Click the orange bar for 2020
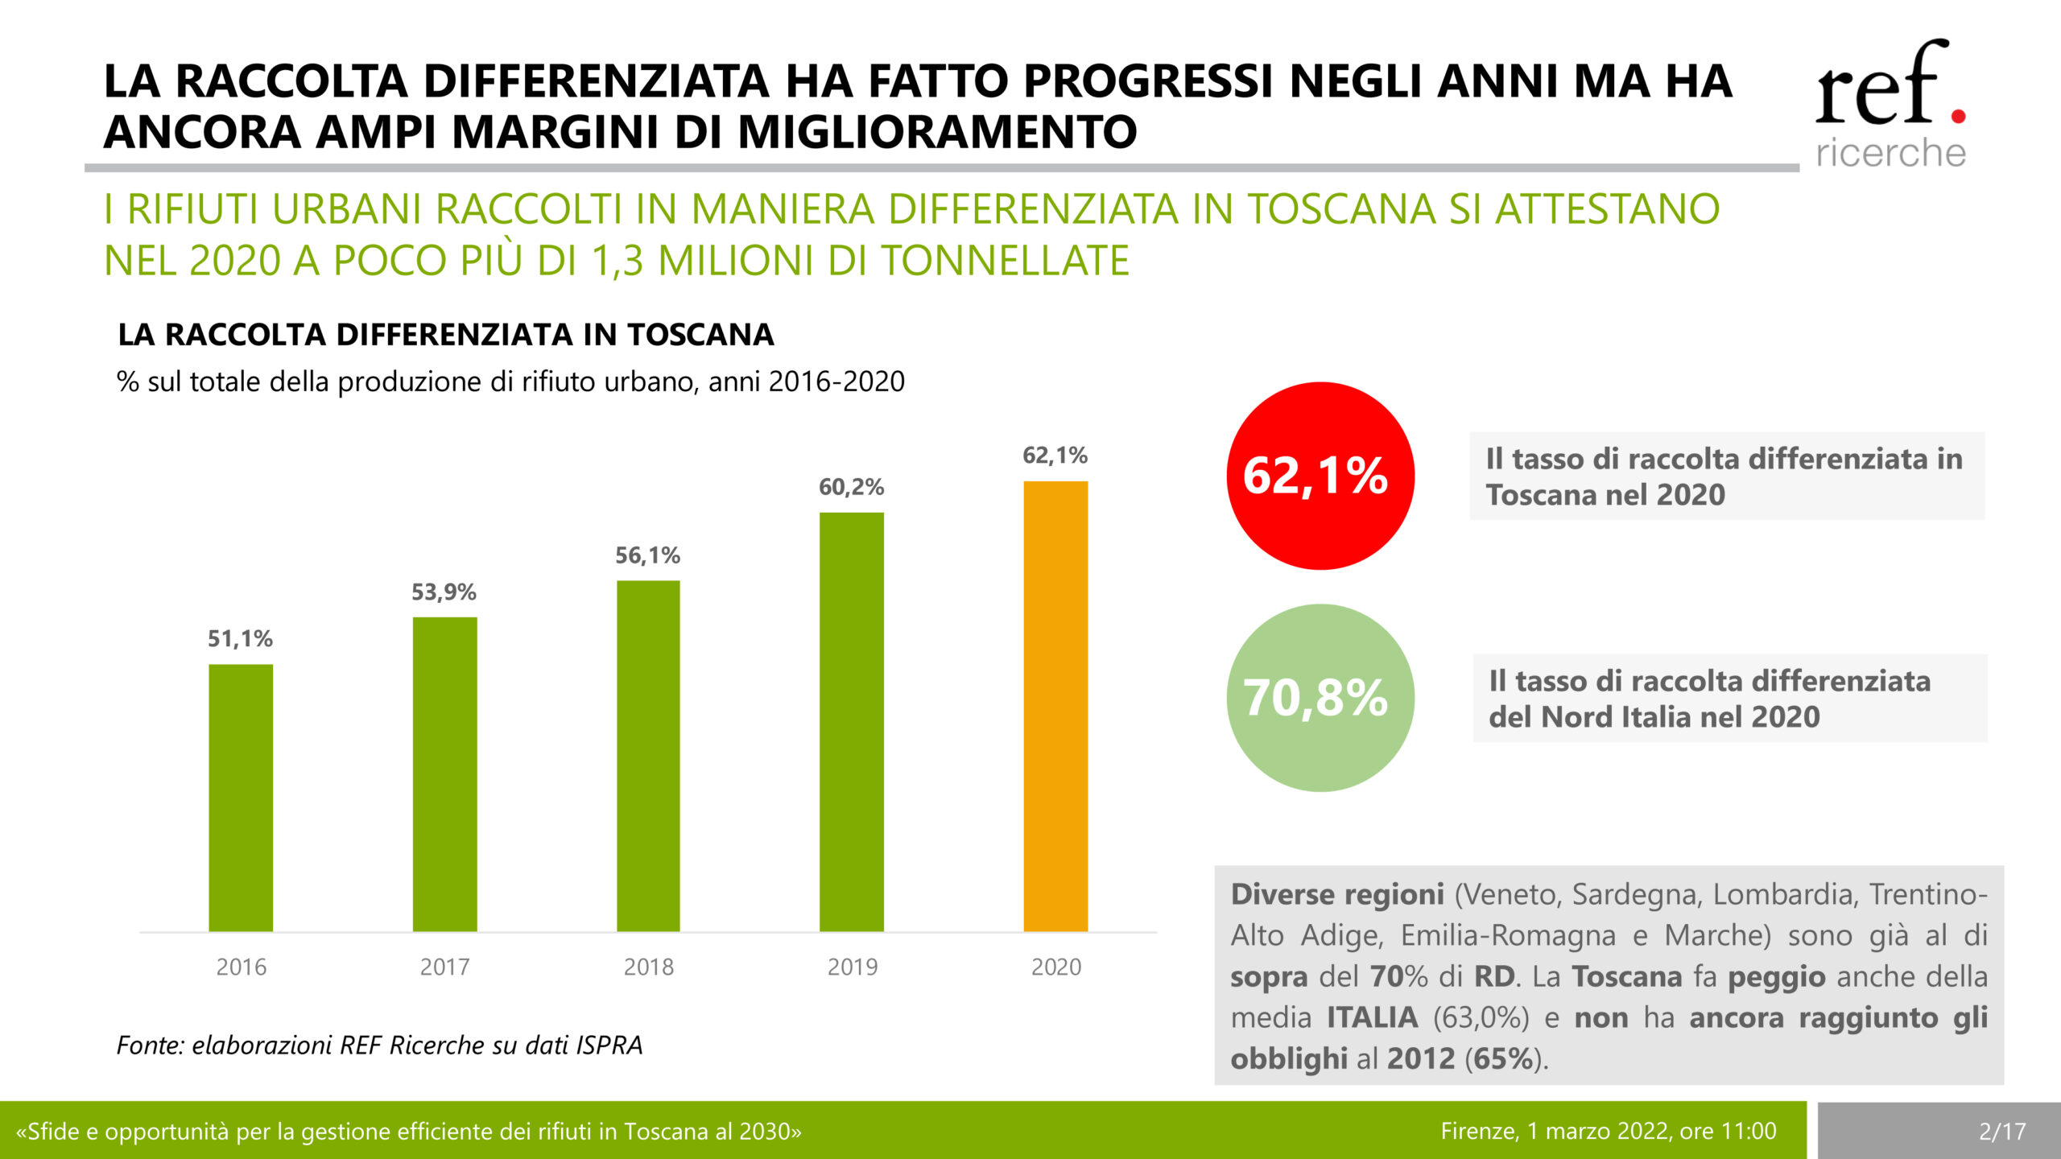click(x=1055, y=706)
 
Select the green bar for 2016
click(x=241, y=797)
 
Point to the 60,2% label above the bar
click(x=851, y=487)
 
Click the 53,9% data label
click(x=444, y=592)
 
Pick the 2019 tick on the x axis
click(x=853, y=967)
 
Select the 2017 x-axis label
click(x=444, y=967)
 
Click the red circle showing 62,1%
click(x=1320, y=476)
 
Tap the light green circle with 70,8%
click(x=1320, y=698)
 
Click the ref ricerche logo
click(x=1890, y=105)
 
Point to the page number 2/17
click(x=2002, y=1132)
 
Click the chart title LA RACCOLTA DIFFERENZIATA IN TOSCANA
click(x=445, y=335)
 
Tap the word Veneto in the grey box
click(x=1510, y=894)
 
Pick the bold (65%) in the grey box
click(x=1504, y=1058)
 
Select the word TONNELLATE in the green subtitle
click(x=1006, y=261)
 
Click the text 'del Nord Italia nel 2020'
click(x=1654, y=716)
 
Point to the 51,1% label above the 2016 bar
click(x=240, y=639)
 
